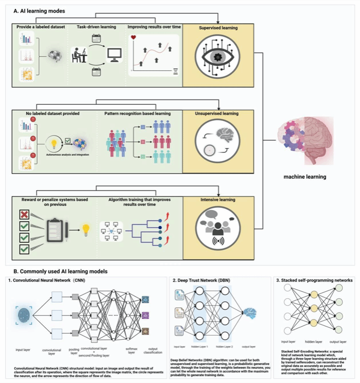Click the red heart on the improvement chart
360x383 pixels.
click(x=134, y=38)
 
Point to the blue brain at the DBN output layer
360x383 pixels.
click(x=250, y=313)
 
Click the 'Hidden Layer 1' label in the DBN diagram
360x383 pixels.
click(x=199, y=345)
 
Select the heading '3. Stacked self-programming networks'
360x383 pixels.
click(x=315, y=280)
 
